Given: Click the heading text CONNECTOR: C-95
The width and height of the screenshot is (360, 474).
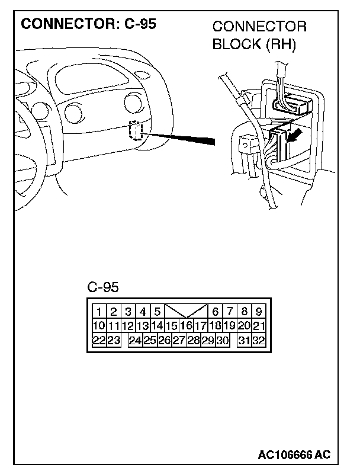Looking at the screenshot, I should click(89, 24).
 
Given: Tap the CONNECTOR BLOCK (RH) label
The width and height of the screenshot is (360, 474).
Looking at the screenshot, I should click(259, 36).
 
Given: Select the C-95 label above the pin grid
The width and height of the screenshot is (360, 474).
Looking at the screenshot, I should click(103, 287).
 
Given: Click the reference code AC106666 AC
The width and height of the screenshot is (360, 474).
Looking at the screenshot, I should click(294, 454).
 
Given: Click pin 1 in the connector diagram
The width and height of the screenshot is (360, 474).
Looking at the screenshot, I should click(99, 312).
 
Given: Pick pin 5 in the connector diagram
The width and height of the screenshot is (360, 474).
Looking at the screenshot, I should click(157, 312).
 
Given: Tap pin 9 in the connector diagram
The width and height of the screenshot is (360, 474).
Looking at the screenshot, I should click(258, 312).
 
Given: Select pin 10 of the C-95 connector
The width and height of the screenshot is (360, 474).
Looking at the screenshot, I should click(99, 325).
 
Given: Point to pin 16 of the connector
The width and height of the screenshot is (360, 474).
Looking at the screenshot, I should click(186, 325).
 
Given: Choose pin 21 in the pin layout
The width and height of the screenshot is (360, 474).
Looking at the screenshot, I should click(258, 325).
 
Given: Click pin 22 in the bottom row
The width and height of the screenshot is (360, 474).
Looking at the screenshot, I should click(99, 340).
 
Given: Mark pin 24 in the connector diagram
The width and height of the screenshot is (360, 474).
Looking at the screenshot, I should click(136, 340).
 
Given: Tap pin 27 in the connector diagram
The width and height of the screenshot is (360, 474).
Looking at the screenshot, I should click(179, 340).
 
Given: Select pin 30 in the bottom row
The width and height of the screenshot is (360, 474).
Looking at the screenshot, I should click(222, 340).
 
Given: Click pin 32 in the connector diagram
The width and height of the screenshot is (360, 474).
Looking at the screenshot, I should click(258, 340).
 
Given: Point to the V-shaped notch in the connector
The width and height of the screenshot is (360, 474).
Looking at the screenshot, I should click(186, 311).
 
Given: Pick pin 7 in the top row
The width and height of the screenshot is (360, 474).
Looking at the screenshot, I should click(229, 312).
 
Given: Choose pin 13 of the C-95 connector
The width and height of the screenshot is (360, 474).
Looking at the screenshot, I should click(143, 325).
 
